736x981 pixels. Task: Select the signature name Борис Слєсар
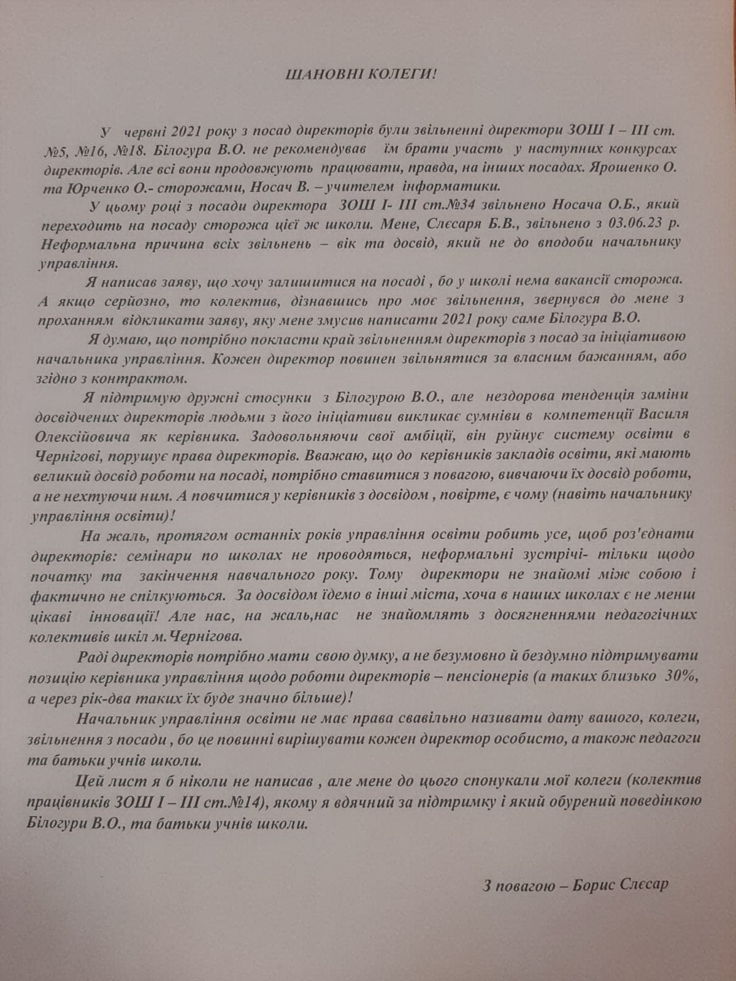tap(620, 885)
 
